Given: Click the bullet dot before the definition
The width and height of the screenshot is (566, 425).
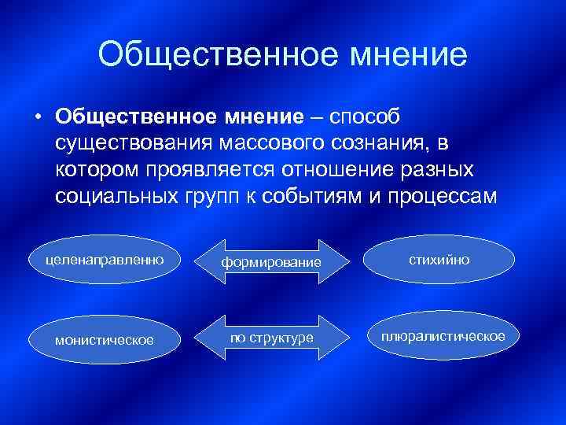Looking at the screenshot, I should (x=37, y=117).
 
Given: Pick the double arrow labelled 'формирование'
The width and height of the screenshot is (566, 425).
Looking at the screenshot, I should (x=270, y=261).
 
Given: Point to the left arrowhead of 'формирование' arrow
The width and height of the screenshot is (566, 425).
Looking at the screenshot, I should (x=216, y=261).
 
